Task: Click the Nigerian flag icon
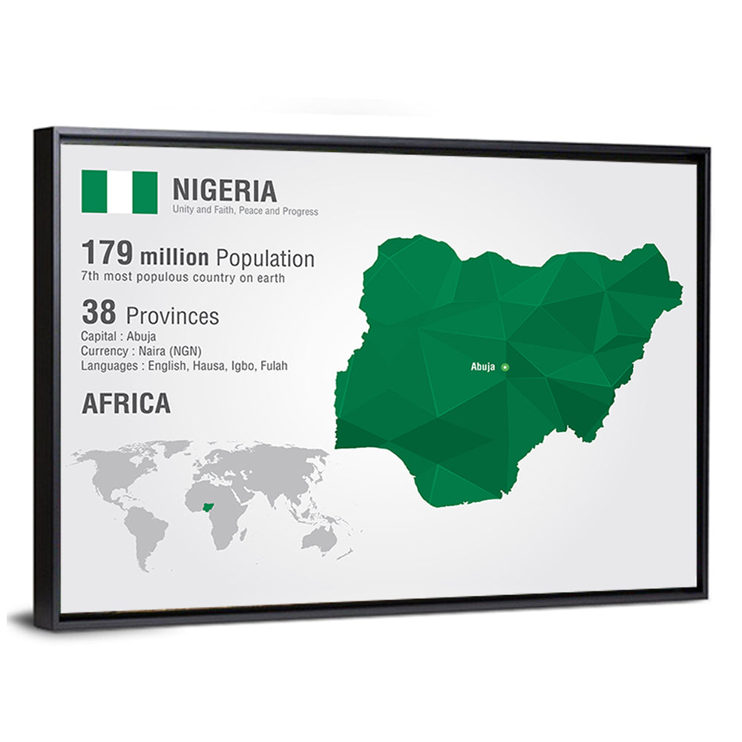point(119,192)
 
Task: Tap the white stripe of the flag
point(119,192)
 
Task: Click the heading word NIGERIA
point(224,191)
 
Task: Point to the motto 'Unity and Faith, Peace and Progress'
point(245,211)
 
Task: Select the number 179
point(107,254)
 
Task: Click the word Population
point(265,259)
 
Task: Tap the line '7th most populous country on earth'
point(183,278)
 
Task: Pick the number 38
point(99,312)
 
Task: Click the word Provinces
point(172,317)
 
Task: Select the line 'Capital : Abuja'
point(118,336)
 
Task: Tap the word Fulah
point(274,366)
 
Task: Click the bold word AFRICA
point(126,404)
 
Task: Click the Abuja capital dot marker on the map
point(505,367)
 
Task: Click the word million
point(174,258)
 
